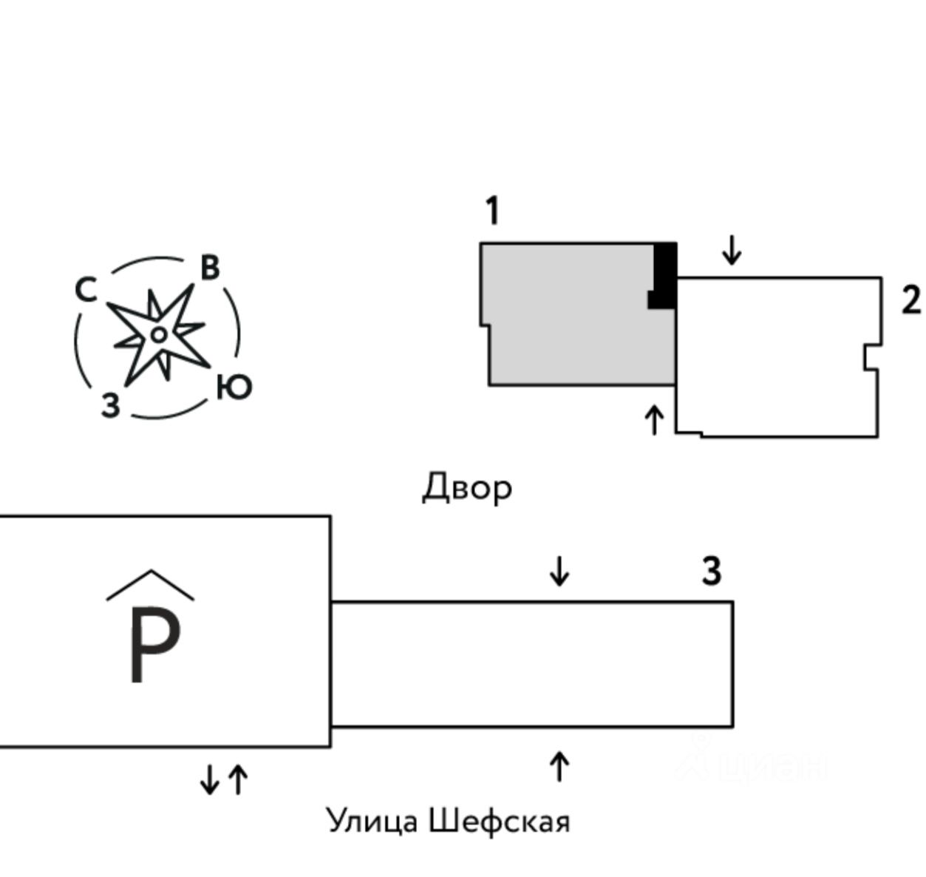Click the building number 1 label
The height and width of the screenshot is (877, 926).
[x=493, y=211]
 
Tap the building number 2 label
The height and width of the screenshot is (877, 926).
[x=910, y=301]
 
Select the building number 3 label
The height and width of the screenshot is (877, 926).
[x=711, y=572]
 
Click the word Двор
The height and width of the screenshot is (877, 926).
[x=466, y=488]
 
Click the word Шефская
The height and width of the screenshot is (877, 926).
[x=500, y=822]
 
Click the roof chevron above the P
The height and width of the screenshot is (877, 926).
[x=151, y=583]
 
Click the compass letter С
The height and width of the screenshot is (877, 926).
[x=86, y=290]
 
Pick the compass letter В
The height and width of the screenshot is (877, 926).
[x=210, y=268]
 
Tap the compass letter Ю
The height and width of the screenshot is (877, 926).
[x=234, y=387]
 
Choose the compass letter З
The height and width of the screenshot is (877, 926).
[x=110, y=405]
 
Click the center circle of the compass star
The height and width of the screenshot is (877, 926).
[x=157, y=335]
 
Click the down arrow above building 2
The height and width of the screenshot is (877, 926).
[x=732, y=250]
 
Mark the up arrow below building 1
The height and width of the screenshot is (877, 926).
[x=653, y=420]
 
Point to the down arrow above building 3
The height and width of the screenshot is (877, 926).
[x=559, y=571]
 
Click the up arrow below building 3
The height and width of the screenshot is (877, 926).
[x=559, y=766]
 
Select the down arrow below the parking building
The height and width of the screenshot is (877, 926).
[x=210, y=779]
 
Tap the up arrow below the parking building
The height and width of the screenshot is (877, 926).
[x=238, y=779]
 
